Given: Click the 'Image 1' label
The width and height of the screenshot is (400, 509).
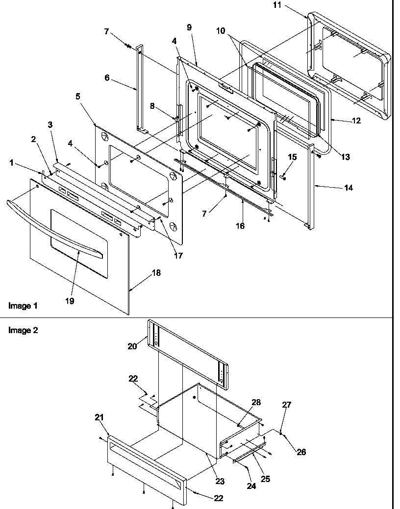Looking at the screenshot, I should pos(23,306).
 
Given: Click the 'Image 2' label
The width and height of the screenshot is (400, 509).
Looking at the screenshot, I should pos(23,330).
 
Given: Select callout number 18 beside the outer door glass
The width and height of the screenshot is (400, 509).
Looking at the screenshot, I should pos(156,273).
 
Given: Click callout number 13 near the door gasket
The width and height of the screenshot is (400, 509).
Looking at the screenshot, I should pos(345,157).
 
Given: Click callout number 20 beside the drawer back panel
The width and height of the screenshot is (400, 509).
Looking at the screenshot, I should pos(132,346).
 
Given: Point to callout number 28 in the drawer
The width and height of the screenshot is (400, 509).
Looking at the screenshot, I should pos(256,403).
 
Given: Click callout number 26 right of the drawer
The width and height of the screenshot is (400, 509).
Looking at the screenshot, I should pos(301,452).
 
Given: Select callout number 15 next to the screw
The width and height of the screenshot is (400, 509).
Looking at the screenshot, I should pos(292,157).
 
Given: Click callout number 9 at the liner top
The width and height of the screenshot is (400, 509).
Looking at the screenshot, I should pos(189,27).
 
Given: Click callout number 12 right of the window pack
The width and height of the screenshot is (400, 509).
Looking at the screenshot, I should pos(356,121).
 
